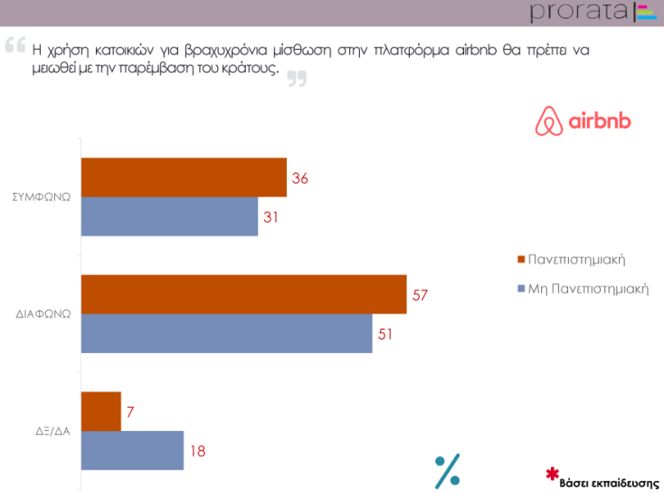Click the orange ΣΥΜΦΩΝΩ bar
point(184,178)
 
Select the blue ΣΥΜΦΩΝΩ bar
point(170,216)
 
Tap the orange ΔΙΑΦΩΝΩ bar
point(243,294)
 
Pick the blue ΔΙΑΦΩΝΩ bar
point(226,333)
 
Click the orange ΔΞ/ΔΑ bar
point(101,411)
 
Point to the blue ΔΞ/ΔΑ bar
point(133,450)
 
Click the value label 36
point(300,178)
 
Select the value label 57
point(420,295)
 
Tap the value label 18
point(198,451)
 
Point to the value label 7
point(130,412)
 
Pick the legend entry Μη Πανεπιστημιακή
point(587,289)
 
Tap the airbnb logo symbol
point(546,121)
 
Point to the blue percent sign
point(448,471)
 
